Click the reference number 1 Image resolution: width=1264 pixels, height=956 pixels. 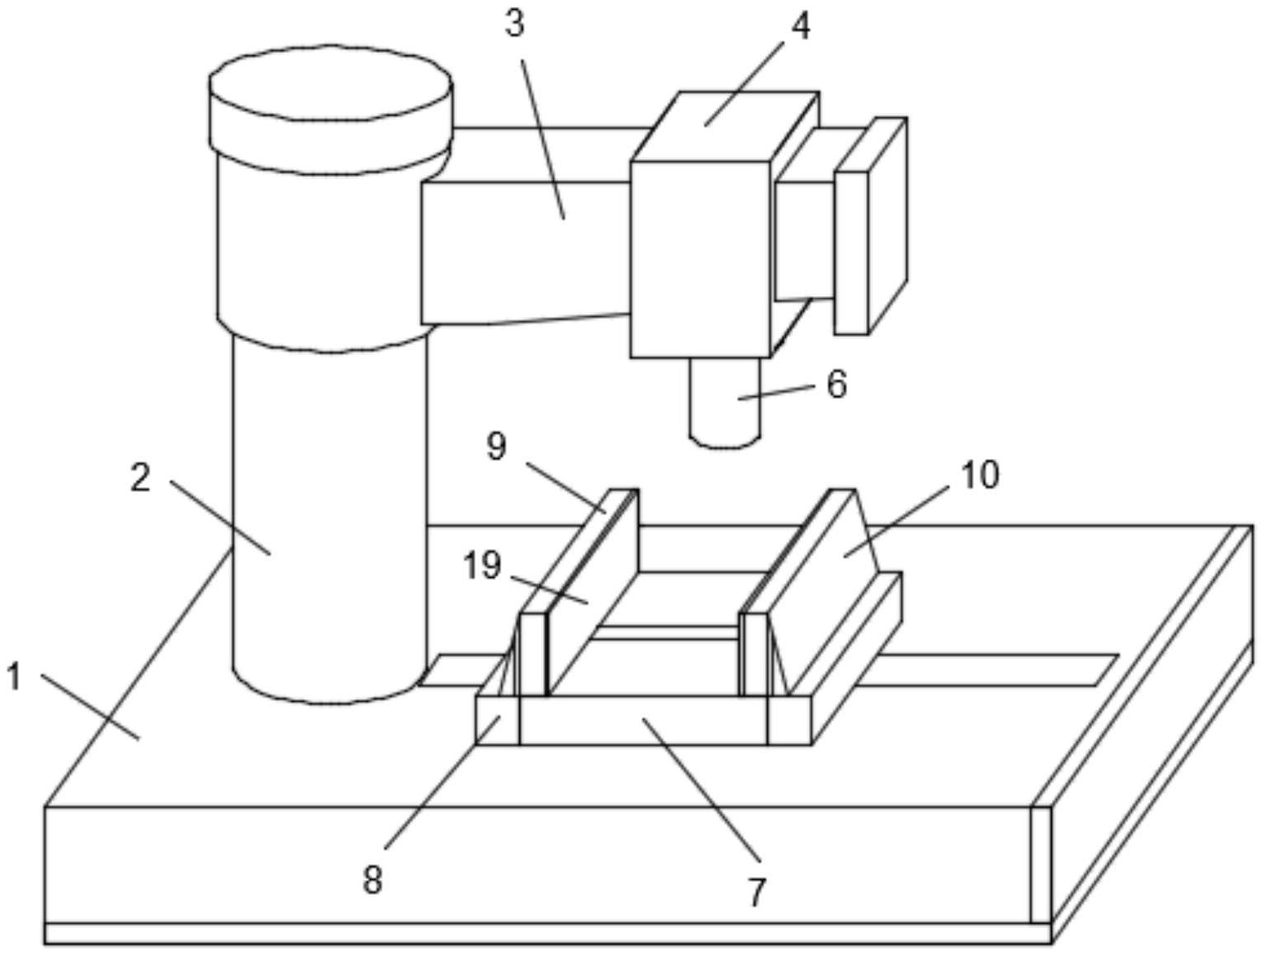coord(14,677)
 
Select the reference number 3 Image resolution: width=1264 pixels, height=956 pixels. coord(514,25)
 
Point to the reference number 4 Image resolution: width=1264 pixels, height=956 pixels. coord(800,26)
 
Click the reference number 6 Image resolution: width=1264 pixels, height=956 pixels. coord(836,384)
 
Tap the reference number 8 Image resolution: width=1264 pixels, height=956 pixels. coord(372,880)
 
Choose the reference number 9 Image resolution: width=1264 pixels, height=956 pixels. coord(496,446)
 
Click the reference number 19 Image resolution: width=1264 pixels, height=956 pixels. coord(483,566)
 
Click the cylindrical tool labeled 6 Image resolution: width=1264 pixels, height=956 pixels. coord(725,402)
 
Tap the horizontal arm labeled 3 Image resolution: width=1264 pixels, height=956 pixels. coord(525,253)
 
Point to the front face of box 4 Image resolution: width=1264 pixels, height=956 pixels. coord(700,259)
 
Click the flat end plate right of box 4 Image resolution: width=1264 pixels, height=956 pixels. coord(871,225)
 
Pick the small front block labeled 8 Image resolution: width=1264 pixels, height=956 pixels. coord(498,720)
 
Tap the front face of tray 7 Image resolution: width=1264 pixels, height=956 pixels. coord(643,720)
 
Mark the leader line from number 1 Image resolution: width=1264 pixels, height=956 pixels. coord(90,707)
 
